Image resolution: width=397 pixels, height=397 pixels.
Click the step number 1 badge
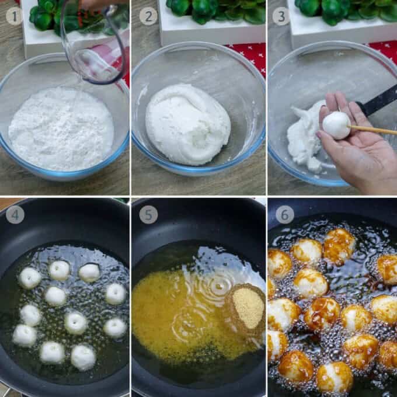(x=15, y=16)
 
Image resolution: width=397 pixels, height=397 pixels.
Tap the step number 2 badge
(x=148, y=16)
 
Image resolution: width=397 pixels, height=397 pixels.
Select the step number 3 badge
(x=281, y=16)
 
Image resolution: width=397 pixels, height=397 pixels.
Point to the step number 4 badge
(x=15, y=215)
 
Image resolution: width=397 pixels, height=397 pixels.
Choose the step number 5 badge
(x=148, y=215)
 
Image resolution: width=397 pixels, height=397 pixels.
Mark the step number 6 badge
(x=284, y=215)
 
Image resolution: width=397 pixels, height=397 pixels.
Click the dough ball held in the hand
(x=336, y=126)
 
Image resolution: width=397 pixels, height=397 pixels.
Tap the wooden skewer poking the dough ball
(x=372, y=130)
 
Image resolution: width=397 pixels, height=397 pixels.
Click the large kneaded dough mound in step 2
(x=188, y=124)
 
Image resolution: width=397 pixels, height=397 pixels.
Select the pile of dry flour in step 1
(x=61, y=128)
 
